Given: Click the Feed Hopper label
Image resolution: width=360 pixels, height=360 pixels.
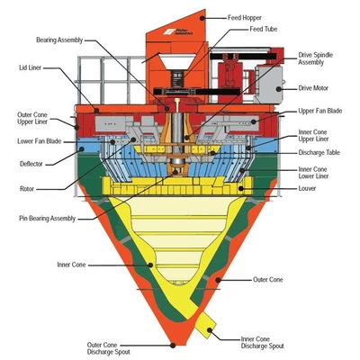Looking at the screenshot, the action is pos(245,18).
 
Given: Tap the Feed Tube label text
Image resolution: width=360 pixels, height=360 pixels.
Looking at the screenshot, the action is pos(264,29).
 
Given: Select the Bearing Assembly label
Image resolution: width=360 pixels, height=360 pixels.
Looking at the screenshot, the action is pos(59,40).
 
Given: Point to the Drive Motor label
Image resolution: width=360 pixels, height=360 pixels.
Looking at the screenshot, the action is pos(313,88).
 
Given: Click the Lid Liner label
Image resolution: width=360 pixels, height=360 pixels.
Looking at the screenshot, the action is pos(31,67).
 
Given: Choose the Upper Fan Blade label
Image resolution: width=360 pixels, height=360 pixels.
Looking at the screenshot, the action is pos(320,111).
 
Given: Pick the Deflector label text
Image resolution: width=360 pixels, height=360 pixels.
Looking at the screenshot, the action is pos(31,164).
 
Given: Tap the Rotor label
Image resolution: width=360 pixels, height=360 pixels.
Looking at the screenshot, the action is pos(27,189).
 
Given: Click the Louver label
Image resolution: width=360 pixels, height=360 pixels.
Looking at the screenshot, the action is pos(307,188).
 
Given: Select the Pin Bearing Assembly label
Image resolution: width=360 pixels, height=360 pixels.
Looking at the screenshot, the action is pos(48,218).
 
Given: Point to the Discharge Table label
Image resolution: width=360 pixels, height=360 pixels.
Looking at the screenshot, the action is pos(319,152).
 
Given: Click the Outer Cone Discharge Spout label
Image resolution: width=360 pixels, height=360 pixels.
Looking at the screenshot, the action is pos(109,348).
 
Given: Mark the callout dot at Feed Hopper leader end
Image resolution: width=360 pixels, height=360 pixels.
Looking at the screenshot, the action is pos(202,18).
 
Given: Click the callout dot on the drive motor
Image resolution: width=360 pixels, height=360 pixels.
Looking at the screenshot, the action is pos(279,89).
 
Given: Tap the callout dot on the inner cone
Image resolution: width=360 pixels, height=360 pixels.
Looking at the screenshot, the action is pos(150,265).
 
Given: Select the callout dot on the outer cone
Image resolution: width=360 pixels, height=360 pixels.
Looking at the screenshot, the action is pos(218,280).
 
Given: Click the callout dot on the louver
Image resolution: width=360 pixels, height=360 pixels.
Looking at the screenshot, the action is pos(240,188).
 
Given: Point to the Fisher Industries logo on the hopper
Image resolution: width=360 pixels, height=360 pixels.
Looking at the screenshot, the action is pos(178,31).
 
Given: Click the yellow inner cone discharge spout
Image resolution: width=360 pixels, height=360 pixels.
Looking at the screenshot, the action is pos(205,325).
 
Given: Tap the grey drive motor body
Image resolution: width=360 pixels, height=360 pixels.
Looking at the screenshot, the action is pos(269,85).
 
